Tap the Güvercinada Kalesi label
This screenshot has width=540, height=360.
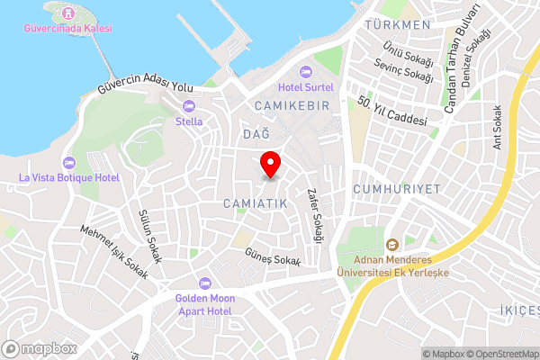coord(68,29)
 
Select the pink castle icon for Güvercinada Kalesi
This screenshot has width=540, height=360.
coord(68,13)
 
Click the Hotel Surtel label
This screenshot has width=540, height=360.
coord(306,87)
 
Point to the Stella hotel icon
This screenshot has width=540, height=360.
coord(189,105)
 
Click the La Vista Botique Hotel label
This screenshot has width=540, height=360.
coord(69,177)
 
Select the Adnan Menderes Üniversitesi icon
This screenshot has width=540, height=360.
coord(391,245)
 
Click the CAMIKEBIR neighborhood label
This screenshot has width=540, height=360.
coord(286,106)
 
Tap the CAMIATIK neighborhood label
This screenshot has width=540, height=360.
coord(256,204)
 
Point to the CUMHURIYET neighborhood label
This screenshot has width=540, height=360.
coord(396,190)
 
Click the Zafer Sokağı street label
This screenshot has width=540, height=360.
coord(314,215)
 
